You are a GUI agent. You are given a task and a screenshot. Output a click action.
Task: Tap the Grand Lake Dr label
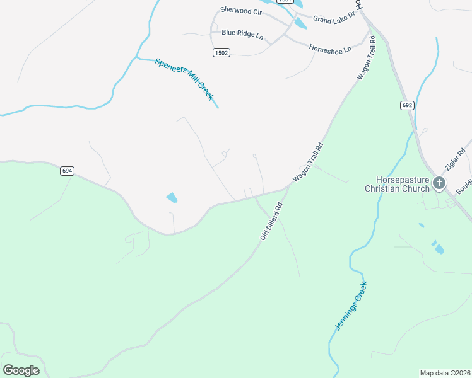point(334,20)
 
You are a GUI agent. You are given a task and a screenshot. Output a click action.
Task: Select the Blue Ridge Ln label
point(242,34)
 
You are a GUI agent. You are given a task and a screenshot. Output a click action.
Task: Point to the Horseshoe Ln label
point(329,48)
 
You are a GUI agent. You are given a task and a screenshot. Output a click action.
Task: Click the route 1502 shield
point(221,53)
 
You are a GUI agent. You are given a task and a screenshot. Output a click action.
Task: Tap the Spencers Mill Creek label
point(185,79)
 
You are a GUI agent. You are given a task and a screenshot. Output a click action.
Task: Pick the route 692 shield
point(407,105)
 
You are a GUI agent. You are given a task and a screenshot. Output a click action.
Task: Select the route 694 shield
point(68,171)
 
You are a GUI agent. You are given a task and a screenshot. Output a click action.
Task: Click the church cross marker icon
point(439,183)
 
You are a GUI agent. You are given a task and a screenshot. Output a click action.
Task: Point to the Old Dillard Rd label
point(271,220)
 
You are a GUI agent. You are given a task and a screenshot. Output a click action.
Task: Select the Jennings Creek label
point(350,307)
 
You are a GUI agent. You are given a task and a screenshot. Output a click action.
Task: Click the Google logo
point(21,370)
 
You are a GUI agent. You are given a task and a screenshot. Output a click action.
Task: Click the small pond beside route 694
point(172,198)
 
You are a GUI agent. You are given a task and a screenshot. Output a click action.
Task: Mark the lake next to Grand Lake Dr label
point(300,23)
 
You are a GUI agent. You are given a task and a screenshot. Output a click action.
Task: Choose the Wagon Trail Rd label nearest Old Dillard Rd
point(308,163)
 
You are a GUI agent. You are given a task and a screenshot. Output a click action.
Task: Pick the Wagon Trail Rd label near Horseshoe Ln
point(366,58)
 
